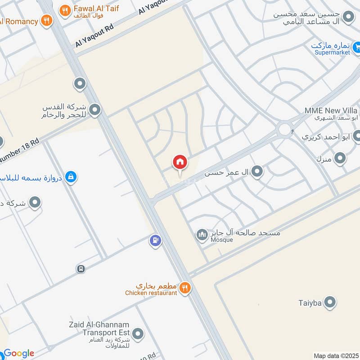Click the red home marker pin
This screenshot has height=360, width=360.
pos(180,162)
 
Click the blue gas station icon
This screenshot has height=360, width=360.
pos(155,241)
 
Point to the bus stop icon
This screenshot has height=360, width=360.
pos(81,269)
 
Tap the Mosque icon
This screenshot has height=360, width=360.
pos(201,234)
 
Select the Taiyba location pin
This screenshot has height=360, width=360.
pos(330,302)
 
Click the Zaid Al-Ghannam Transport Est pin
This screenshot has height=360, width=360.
pos(139,334)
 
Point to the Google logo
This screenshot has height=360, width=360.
pos(18,354)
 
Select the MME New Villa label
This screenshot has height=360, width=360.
pos(331,111)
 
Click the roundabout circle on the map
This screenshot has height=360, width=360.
pos(284,130)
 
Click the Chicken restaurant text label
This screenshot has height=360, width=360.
pos(151,293)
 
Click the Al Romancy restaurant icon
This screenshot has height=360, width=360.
pos(46,20)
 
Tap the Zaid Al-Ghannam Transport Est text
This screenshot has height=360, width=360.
pos(99,328)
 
